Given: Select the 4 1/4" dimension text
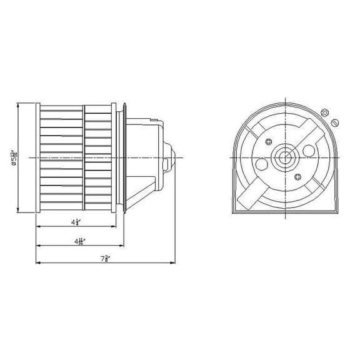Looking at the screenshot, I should click(75, 222).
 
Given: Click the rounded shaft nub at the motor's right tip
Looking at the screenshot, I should click(172, 157).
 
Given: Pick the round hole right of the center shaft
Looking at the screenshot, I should click(308, 151).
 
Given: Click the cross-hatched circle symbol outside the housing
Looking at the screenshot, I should click(324, 112).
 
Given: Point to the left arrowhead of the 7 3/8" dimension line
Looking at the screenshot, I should click(38, 262).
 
